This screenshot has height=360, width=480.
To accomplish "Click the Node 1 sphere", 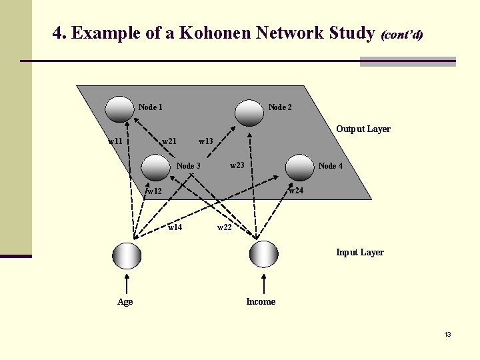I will (x=121, y=109).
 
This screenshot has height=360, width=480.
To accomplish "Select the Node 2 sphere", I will (x=248, y=112).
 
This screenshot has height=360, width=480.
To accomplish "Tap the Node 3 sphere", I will (x=157, y=167).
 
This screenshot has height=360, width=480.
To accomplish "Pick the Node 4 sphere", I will (x=299, y=167).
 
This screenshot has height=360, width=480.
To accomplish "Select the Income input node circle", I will (x=263, y=254).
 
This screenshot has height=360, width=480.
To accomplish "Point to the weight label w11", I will (x=115, y=141).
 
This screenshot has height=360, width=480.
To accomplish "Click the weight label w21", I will (x=169, y=141).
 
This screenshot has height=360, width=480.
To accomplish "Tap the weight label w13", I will (x=206, y=141).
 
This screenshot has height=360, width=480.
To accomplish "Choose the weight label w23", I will (x=237, y=165).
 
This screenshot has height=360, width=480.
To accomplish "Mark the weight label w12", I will (x=155, y=191).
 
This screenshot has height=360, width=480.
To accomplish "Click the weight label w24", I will (x=296, y=191).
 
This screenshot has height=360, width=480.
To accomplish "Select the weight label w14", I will (x=175, y=227).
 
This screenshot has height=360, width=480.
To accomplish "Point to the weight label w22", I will (x=225, y=227).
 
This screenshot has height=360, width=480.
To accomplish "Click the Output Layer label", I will (x=363, y=129).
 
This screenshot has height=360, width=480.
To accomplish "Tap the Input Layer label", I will (x=360, y=252).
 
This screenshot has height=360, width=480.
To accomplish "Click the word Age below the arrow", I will (x=125, y=301).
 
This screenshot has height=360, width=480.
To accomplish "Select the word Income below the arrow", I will (x=261, y=301).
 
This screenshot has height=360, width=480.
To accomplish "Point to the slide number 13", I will (x=448, y=334).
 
